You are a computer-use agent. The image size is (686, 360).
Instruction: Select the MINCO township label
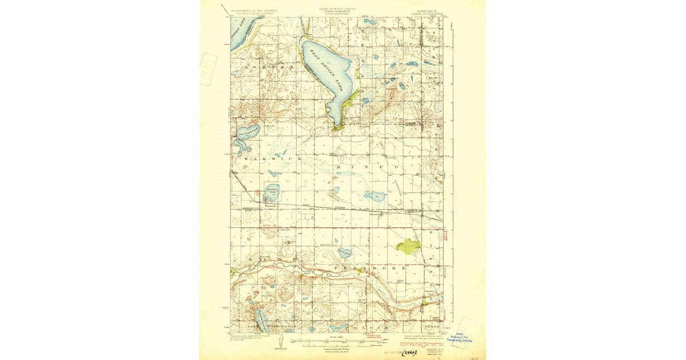[x=366, y=166]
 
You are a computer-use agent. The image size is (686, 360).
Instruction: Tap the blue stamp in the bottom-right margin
[x=464, y=337]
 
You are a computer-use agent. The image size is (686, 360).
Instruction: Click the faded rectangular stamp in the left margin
[x=208, y=69]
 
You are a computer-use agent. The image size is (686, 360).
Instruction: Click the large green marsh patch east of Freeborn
[x=408, y=246]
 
